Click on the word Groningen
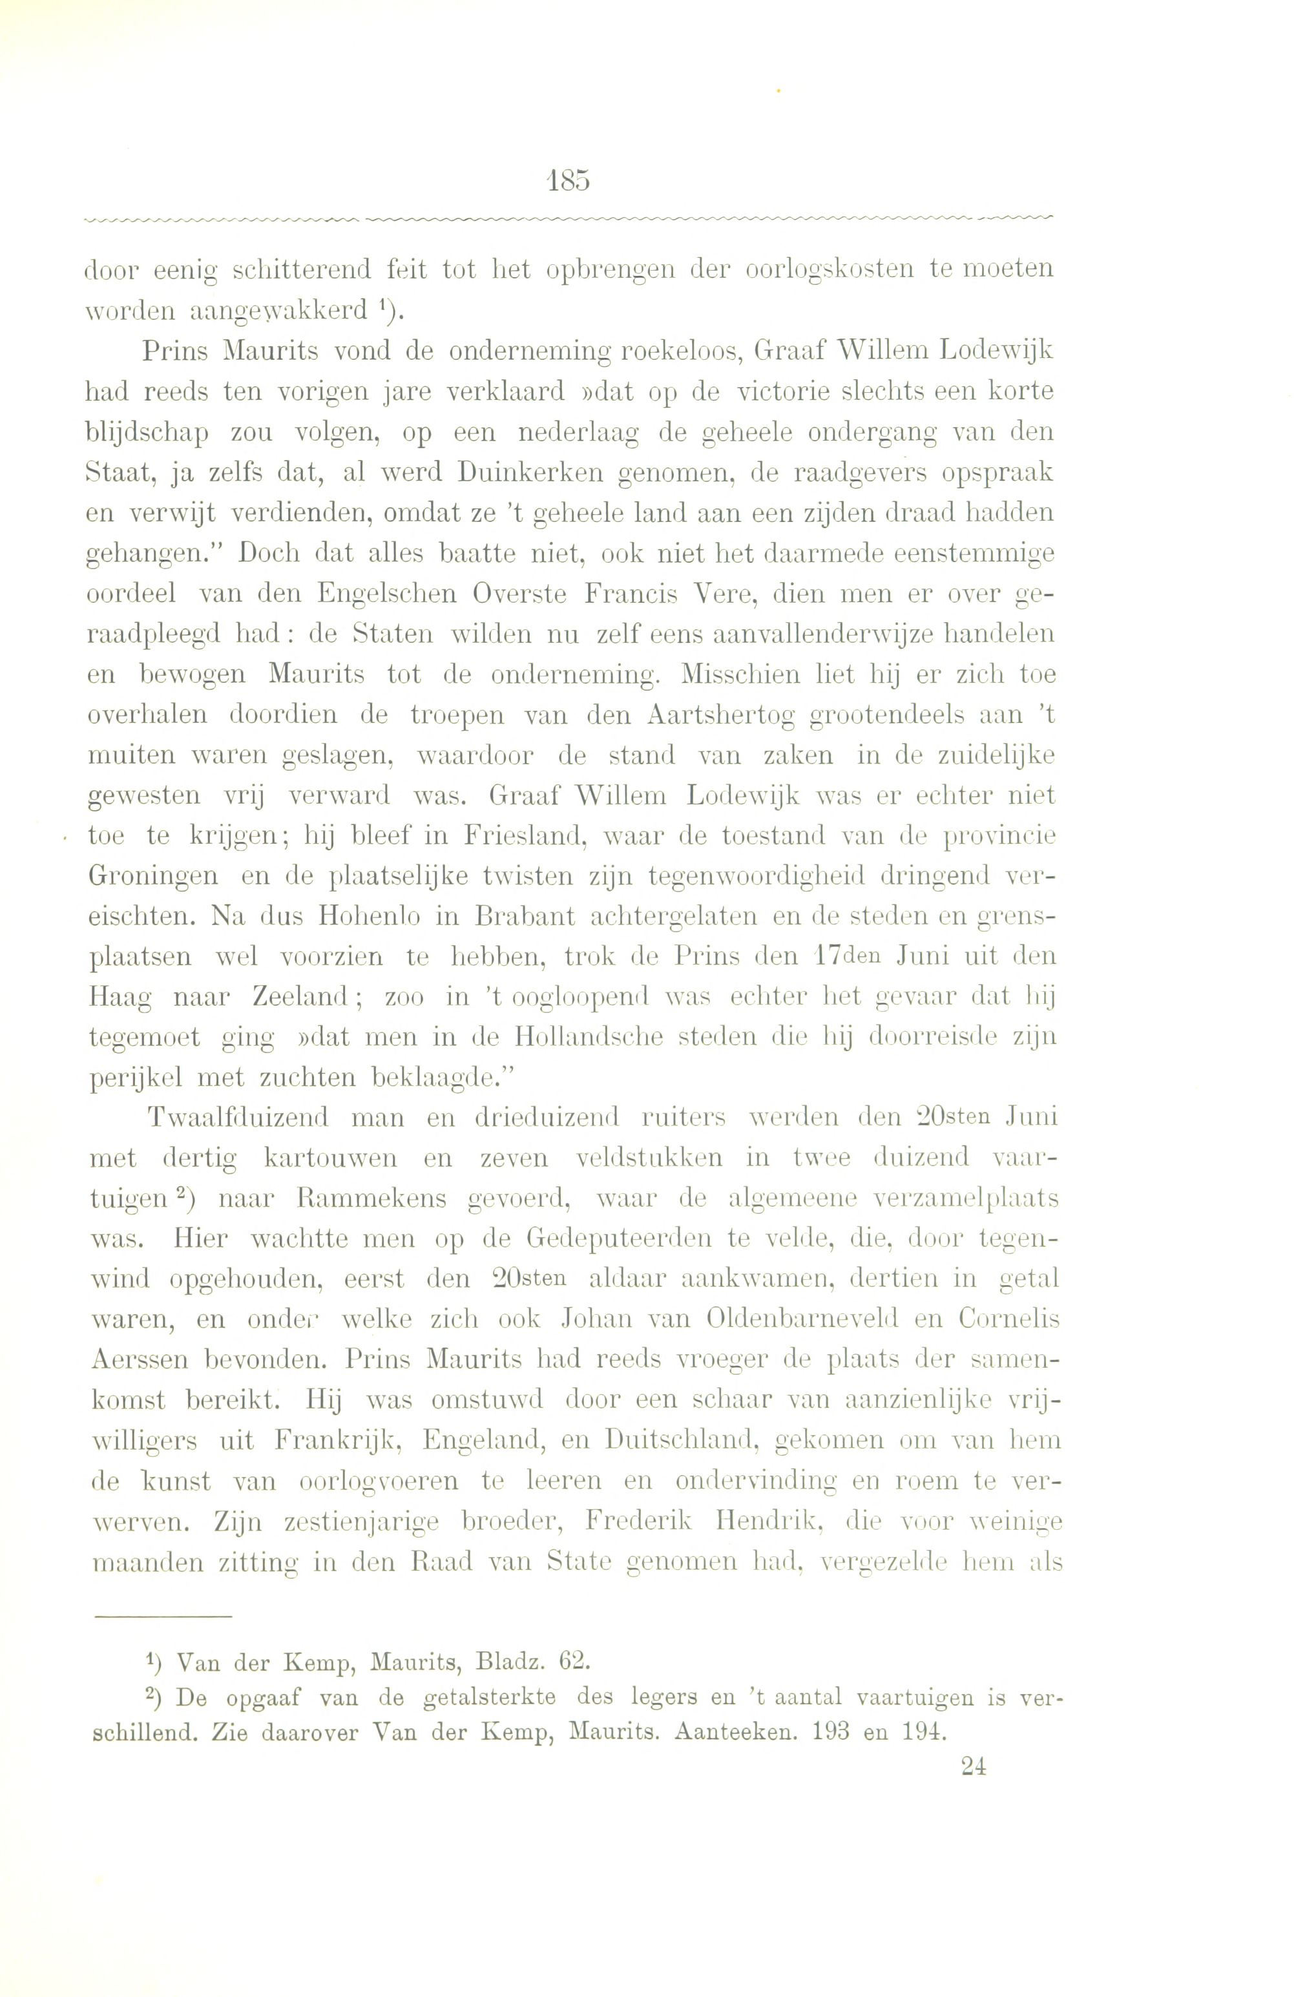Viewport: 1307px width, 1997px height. (152, 877)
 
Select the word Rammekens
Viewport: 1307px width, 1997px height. (357, 1200)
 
